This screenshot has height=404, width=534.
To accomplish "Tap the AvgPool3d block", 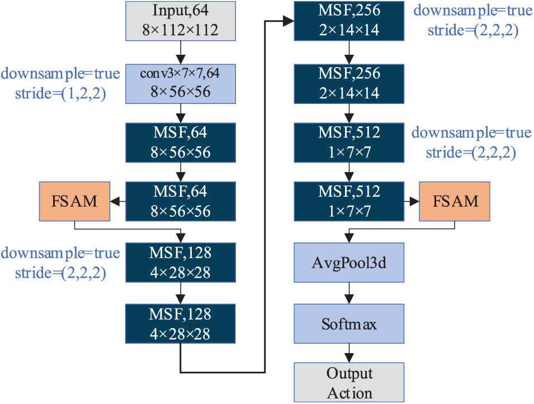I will [x=349, y=262].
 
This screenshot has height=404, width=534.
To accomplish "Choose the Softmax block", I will [x=349, y=324].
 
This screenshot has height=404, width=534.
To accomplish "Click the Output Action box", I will [x=349, y=382].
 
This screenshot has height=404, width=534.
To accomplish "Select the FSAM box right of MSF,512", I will [x=455, y=201].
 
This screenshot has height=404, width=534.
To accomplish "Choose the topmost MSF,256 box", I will [x=349, y=21].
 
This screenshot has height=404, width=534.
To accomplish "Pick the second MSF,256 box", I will [x=349, y=83].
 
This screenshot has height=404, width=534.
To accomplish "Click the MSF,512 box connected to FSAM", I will [x=349, y=201].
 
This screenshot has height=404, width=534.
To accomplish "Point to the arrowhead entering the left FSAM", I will [x=115, y=201].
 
